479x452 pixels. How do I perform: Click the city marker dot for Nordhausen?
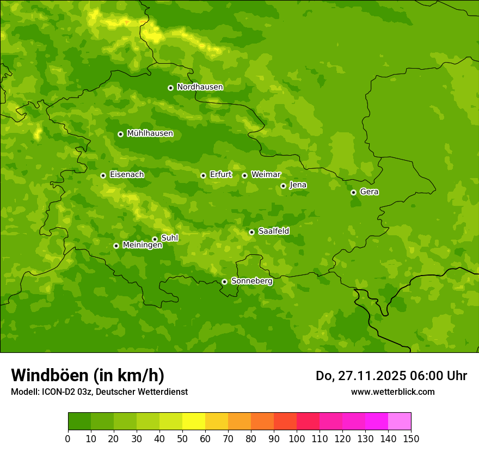click(x=170, y=88)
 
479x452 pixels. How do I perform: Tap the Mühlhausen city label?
click(x=150, y=133)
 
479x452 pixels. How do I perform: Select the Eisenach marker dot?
click(x=103, y=175)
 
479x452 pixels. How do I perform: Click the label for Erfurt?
click(x=220, y=175)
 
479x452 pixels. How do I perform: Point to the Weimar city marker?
click(x=244, y=175)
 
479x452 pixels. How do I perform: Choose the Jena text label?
click(x=298, y=185)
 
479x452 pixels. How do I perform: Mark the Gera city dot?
click(x=353, y=192)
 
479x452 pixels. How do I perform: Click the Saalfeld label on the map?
click(x=273, y=231)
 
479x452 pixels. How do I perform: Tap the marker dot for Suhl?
click(x=155, y=239)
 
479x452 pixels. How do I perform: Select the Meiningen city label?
click(x=142, y=246)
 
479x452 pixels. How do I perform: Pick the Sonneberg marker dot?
click(x=224, y=282)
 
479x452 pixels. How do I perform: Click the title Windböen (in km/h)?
click(x=88, y=375)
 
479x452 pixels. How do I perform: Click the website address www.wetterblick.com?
click(x=392, y=392)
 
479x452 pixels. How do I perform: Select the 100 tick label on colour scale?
click(x=297, y=438)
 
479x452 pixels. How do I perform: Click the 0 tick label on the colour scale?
click(x=68, y=438)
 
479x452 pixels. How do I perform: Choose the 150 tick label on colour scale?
click(x=411, y=438)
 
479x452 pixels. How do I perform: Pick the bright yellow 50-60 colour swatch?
click(x=194, y=422)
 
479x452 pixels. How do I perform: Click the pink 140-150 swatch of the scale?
click(x=400, y=422)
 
